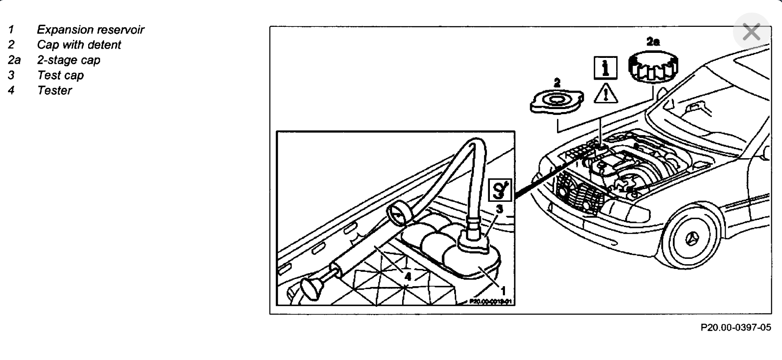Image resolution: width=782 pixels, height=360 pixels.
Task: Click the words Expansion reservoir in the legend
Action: point(90,30)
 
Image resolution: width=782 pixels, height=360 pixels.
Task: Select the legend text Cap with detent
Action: point(79,45)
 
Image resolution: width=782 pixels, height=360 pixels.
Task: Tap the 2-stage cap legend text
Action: point(68,60)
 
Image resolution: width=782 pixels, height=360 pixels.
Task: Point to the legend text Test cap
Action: point(60,75)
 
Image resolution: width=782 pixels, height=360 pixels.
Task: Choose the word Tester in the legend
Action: point(55,90)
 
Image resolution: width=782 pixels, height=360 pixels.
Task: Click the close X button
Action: point(751,32)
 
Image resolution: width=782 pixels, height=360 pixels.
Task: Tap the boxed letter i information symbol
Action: point(605,68)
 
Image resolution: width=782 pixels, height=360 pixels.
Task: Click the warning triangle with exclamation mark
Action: point(606,94)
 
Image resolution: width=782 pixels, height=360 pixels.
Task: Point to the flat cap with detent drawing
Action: point(557,101)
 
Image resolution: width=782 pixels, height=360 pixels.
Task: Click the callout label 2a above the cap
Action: point(653,42)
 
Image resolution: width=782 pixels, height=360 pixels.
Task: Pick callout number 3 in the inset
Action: point(500,209)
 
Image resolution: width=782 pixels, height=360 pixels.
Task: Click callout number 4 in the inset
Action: point(407,276)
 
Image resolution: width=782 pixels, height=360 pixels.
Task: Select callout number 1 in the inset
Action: point(503,290)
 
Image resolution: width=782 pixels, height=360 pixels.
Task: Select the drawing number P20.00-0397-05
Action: point(735,327)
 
